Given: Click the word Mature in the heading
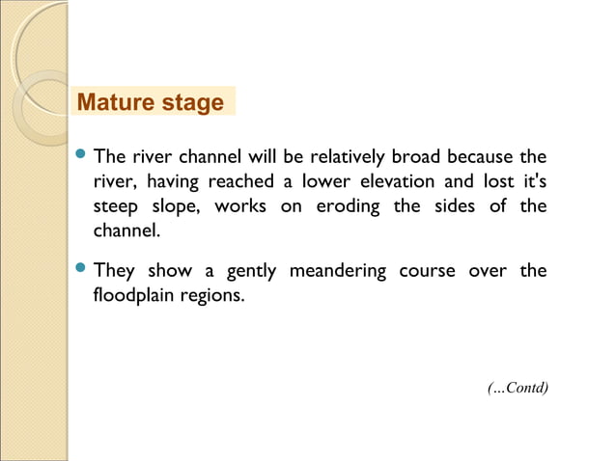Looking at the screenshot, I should click(x=112, y=102).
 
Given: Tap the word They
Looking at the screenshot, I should click(x=113, y=271).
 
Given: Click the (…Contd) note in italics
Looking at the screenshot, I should click(x=518, y=388).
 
